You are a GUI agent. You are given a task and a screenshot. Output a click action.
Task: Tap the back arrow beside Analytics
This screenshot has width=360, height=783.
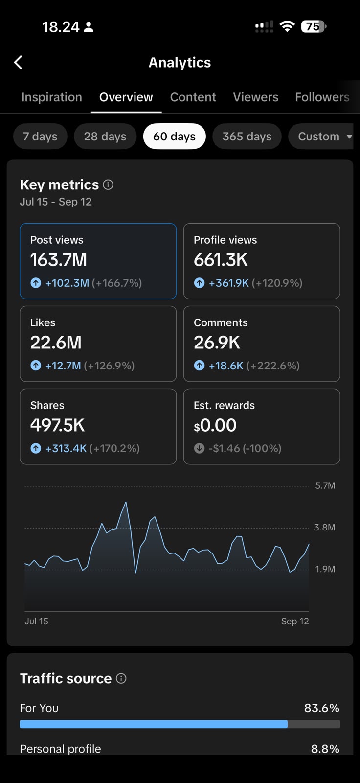coord(18,63)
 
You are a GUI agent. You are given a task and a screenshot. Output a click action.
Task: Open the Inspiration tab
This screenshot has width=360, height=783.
coord(52,97)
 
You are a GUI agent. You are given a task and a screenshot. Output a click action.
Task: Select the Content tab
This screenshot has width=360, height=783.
coord(193,97)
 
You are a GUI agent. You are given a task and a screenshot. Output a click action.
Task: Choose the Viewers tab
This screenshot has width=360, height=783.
coord(255,97)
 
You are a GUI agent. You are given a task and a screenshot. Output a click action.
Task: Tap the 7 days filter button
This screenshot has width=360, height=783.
coord(40,137)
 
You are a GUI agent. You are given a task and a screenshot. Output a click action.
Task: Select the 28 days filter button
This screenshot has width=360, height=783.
coord(105,137)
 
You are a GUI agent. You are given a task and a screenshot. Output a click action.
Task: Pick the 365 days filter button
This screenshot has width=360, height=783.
coord(247,137)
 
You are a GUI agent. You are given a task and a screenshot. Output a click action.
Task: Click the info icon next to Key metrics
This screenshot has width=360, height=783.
coord(108,184)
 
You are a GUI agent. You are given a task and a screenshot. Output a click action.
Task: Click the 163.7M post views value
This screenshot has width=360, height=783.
coord(58,260)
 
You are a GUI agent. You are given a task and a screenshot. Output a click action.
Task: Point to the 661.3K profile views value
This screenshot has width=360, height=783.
coord(221,260)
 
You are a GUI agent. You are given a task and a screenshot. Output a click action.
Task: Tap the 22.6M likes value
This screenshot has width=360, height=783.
coord(56,343)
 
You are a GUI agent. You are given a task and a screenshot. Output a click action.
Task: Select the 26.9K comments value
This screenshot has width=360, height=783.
coord(217,343)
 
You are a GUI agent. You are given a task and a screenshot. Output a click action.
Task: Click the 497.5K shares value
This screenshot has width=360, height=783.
coord(58,425)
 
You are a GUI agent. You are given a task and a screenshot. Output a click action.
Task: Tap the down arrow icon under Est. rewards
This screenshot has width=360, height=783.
coord(199,448)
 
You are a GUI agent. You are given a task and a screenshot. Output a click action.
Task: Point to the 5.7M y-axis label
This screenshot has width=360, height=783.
coord(325,485)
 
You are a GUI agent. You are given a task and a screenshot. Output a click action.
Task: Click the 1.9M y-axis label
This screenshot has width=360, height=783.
coord(325,569)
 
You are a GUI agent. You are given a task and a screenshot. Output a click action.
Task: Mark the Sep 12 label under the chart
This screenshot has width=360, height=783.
coord(295,621)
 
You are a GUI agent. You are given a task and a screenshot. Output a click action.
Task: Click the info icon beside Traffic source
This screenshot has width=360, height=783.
coord(121,678)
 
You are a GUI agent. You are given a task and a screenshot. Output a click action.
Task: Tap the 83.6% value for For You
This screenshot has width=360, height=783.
coord(321,708)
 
